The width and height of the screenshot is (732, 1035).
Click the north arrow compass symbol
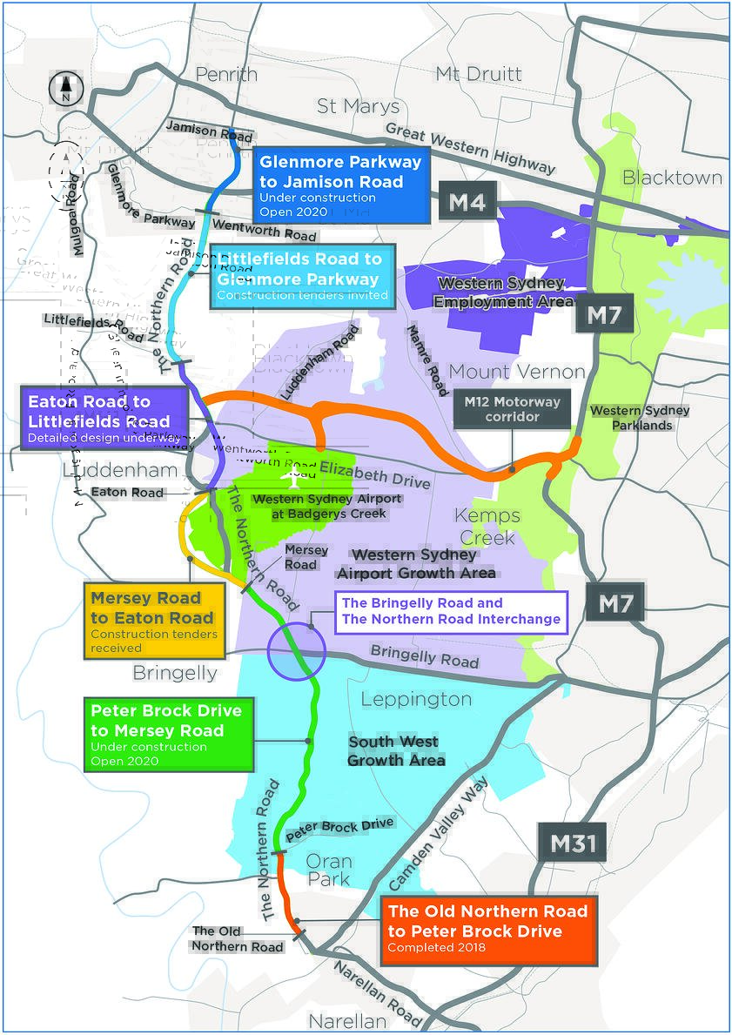[65, 89]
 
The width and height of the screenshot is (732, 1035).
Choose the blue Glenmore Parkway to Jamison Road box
[341, 185]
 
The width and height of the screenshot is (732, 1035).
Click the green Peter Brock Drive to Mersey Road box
[169, 733]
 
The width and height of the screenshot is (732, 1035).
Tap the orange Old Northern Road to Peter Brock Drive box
[487, 931]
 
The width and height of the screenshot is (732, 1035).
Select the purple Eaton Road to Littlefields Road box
[104, 419]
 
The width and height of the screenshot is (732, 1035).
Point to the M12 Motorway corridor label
[514, 409]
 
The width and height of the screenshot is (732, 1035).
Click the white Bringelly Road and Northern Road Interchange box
[451, 611]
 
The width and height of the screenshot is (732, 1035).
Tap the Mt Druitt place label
[479, 74]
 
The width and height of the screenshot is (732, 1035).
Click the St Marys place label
[358, 106]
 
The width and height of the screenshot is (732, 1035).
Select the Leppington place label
[416, 699]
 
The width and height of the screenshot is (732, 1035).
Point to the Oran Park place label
[328, 870]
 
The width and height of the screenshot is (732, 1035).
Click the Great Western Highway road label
[470, 147]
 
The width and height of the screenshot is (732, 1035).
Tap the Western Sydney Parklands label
[640, 418]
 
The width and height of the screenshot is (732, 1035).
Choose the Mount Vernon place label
[517, 372]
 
